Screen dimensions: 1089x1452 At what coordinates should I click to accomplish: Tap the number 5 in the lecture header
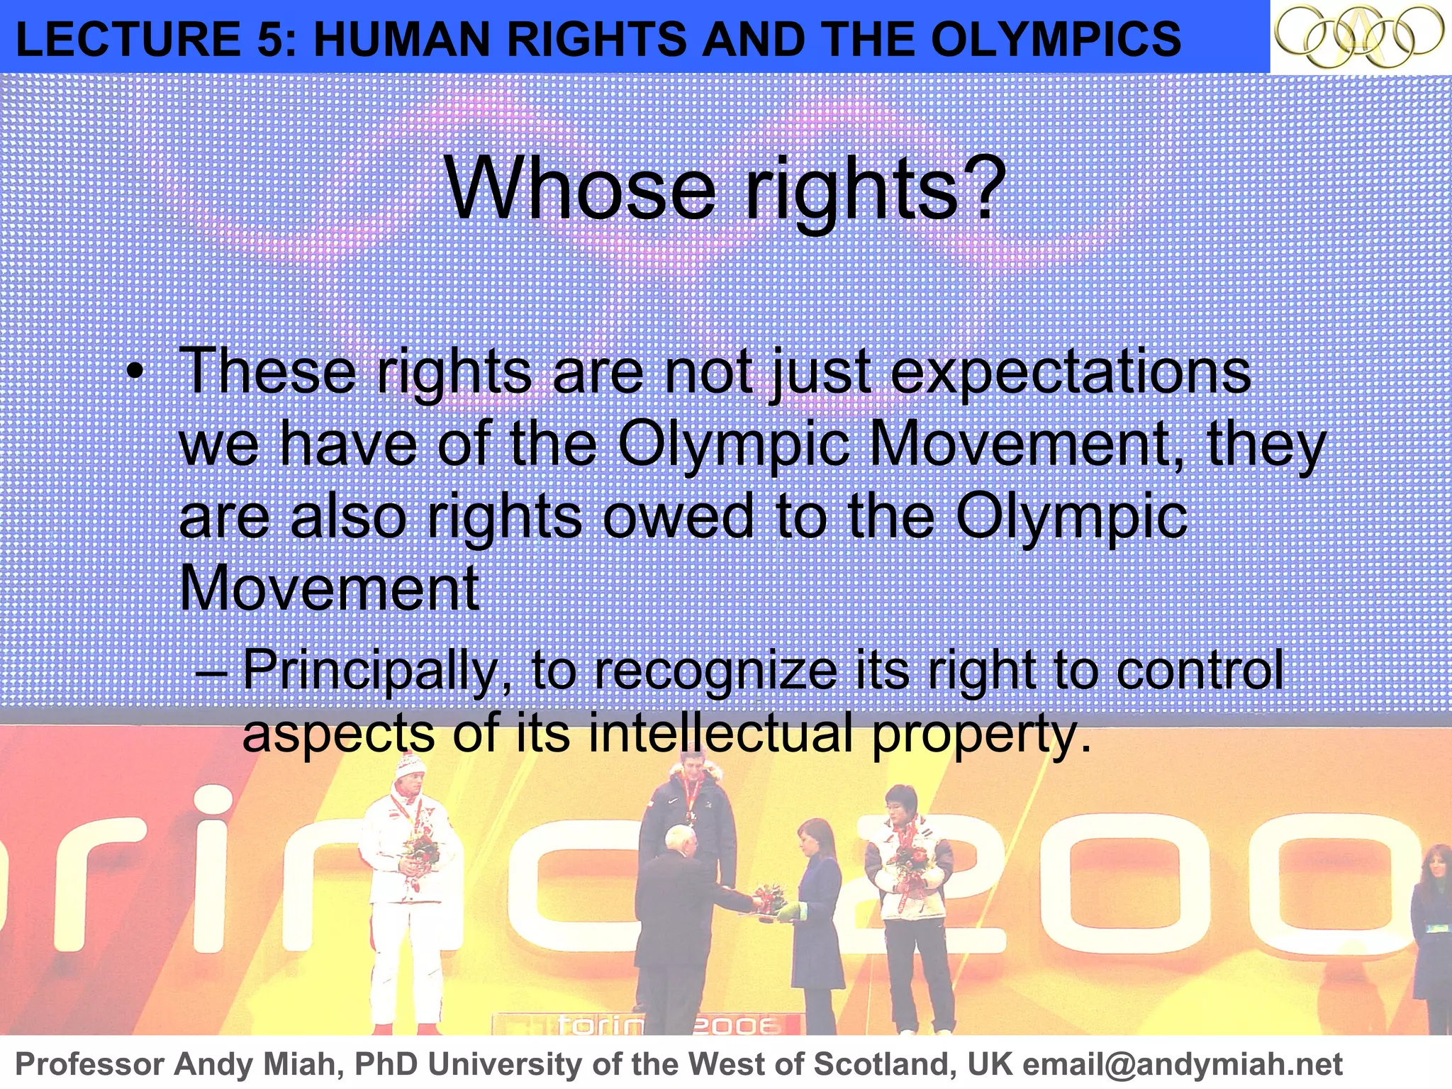point(269,39)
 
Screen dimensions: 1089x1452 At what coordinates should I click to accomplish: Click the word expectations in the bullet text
point(1071,372)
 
